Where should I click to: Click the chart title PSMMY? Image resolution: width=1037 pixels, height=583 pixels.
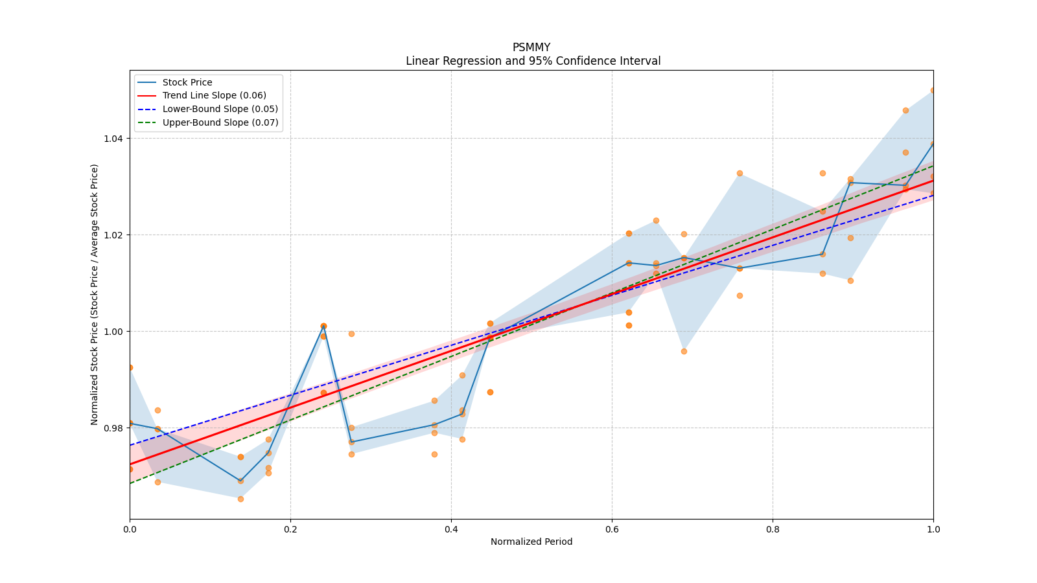531,47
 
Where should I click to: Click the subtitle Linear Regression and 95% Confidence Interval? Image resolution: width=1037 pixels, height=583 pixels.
533,61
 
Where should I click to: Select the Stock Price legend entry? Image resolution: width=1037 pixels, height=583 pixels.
187,82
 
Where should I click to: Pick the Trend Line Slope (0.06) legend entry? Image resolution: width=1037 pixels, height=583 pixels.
214,96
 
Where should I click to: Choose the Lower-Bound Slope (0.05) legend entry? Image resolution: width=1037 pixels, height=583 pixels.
220,109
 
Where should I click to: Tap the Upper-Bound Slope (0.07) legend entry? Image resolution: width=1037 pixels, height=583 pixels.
220,122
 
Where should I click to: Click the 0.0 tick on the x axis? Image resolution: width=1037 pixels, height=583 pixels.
130,529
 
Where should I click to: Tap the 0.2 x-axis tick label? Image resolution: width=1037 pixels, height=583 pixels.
290,529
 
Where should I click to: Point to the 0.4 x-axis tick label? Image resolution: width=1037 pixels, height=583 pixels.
451,529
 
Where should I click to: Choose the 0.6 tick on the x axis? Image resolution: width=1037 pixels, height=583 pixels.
612,529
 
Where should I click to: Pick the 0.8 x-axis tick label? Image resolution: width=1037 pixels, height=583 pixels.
773,529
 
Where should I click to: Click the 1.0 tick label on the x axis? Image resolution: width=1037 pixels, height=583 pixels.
933,529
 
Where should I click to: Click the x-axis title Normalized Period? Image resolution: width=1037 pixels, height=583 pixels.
531,542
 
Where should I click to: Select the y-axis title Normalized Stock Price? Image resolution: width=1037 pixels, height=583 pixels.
95,294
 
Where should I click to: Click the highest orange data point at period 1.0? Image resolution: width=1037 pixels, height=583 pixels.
933,91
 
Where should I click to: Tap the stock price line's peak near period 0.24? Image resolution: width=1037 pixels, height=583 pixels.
323,326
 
